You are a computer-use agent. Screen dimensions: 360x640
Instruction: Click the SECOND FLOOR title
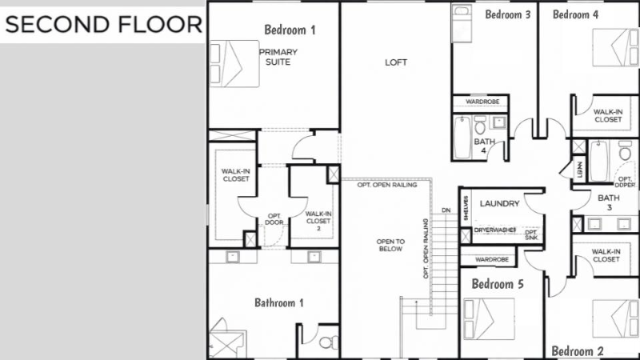[x=103, y=24]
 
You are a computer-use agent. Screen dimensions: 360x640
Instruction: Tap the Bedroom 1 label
[x=290, y=30]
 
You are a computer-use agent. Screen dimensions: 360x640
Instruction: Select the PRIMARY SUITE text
[x=278, y=57]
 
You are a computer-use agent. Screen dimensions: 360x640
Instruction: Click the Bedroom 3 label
[x=508, y=14]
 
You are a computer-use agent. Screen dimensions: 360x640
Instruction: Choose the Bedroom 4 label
[x=575, y=14]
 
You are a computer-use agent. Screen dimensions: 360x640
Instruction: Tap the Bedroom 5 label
[x=497, y=284]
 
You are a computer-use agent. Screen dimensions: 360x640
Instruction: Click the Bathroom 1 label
[x=279, y=302]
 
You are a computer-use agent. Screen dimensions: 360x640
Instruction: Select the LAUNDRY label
[x=500, y=204]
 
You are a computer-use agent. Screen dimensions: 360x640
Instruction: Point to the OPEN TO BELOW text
[x=391, y=245]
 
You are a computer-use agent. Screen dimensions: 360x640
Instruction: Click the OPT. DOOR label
[x=274, y=219]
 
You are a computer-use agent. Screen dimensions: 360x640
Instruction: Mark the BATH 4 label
[x=484, y=146]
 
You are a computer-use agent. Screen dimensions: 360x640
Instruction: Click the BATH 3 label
[x=609, y=202]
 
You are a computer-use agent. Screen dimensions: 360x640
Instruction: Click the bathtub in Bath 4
[x=462, y=138]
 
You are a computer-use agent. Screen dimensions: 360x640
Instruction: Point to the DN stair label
[x=446, y=210]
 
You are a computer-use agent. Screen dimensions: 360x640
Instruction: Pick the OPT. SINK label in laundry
[x=531, y=234]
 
